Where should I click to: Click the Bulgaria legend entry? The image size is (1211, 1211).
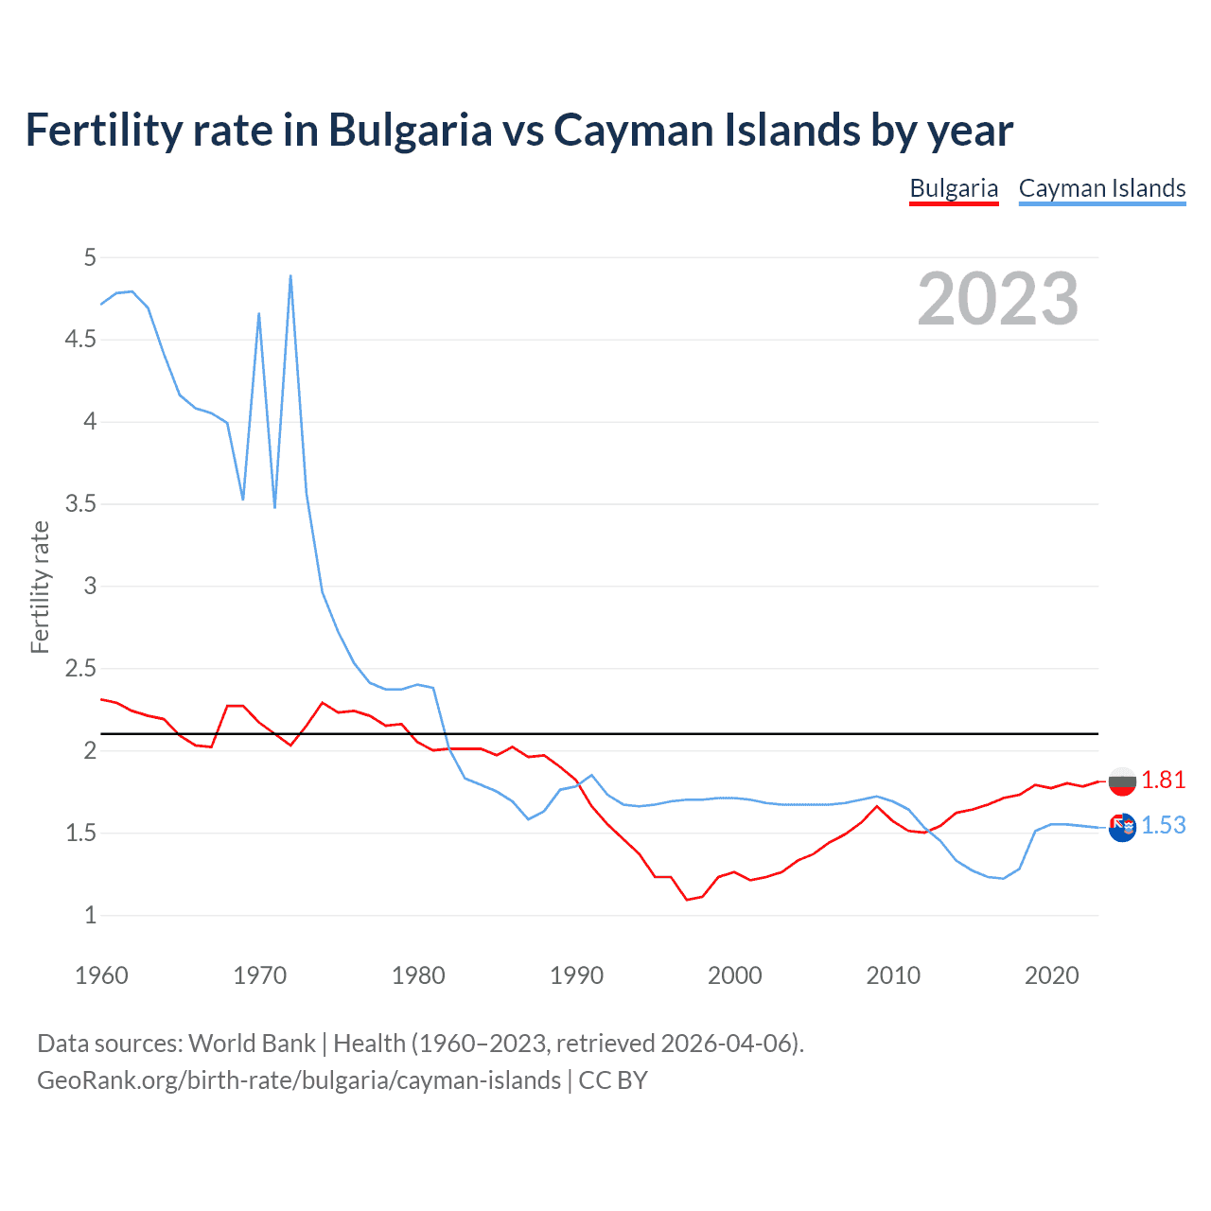(954, 188)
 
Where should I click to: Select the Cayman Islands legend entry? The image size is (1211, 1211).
(1102, 188)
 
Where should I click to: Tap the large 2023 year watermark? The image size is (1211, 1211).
(998, 299)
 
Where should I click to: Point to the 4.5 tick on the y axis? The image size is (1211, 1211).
(80, 339)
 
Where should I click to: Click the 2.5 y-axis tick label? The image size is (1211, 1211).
(80, 668)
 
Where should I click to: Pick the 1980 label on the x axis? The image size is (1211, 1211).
(418, 975)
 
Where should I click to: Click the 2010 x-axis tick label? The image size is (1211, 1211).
(893, 975)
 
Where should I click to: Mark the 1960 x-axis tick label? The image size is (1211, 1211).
(101, 975)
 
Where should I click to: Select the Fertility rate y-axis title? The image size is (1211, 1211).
(40, 587)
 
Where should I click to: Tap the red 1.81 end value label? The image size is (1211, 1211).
(1163, 780)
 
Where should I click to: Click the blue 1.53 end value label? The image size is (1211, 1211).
(1163, 825)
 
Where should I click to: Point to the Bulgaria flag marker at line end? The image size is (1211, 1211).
(1122, 781)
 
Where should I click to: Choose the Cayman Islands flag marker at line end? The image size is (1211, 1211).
(1122, 827)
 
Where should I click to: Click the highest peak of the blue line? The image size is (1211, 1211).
(290, 276)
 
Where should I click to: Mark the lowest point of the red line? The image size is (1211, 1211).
(688, 899)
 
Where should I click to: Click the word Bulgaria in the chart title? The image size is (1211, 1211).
(410, 131)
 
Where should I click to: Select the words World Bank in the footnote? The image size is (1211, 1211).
(252, 1043)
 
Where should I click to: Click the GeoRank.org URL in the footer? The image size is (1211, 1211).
(299, 1080)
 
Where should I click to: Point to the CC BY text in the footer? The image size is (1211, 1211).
(613, 1080)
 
